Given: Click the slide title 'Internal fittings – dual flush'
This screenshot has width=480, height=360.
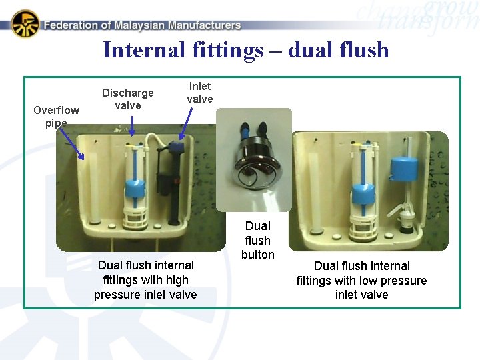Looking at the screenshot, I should pos(246,50).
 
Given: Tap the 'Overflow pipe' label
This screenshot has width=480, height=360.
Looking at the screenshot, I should pos(56,116).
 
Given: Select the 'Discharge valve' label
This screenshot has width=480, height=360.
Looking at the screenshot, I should pos(127,99).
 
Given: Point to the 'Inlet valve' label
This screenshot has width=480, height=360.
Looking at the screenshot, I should pos(199,93).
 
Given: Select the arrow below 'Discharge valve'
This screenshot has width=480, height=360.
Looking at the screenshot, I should pos(132,126).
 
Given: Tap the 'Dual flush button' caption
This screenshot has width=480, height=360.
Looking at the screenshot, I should pos(258,240).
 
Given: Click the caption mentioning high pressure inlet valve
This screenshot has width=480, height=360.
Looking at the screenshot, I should pos(145,280).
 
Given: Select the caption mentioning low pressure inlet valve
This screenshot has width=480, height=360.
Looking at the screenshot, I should pos(361,280).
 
